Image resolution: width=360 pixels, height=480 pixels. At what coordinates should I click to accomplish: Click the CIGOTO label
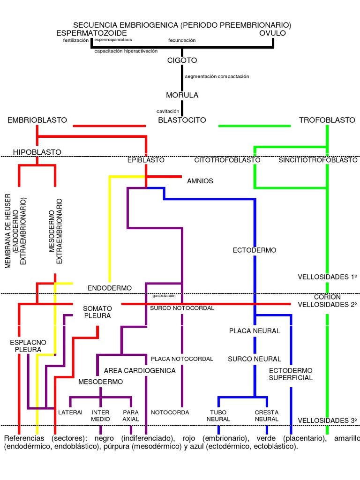click(x=182, y=60)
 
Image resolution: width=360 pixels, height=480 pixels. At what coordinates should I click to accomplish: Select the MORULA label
click(x=182, y=95)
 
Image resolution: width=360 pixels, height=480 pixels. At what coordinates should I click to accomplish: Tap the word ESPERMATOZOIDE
click(x=91, y=33)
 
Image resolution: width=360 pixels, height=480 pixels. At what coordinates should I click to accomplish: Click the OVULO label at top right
click(x=272, y=33)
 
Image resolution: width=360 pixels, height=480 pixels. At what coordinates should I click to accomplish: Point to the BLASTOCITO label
click(x=182, y=120)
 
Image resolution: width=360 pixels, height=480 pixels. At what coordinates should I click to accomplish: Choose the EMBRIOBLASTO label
click(x=37, y=120)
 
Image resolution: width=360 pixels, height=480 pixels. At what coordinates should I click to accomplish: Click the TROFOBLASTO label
click(x=327, y=120)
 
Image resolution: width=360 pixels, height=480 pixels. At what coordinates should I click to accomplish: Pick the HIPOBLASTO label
click(x=37, y=152)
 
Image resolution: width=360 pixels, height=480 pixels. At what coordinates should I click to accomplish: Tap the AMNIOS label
click(x=200, y=181)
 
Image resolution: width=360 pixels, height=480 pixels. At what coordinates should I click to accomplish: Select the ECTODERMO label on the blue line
click(x=255, y=250)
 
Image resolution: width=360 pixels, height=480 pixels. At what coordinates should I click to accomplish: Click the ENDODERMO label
click(x=110, y=288)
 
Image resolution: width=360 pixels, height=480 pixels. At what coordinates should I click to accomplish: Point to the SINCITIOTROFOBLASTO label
click(x=318, y=160)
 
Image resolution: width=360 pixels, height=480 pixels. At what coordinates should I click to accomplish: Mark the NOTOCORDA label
click(x=170, y=412)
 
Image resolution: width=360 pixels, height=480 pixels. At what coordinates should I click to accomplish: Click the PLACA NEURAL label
click(x=255, y=331)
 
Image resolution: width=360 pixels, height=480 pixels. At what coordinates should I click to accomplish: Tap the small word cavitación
click(x=168, y=112)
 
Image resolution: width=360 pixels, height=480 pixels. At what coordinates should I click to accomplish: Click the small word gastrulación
click(x=164, y=296)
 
